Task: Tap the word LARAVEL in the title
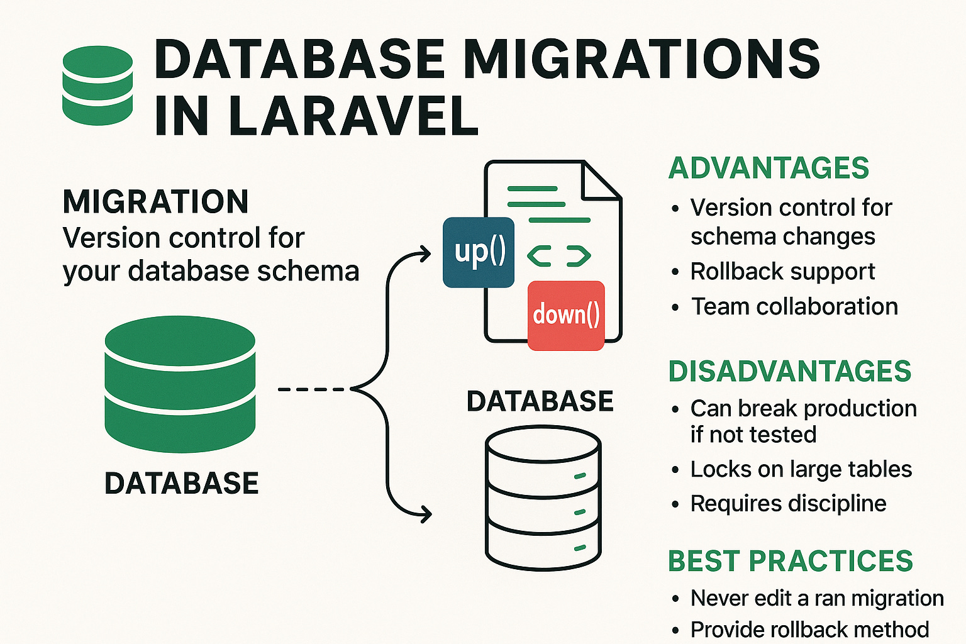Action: (353, 116)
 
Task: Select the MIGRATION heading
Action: (155, 202)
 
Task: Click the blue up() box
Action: (479, 252)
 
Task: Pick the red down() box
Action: (565, 315)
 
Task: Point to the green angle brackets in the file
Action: (558, 256)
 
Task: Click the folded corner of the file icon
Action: (601, 181)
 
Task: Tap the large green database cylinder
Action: (180, 384)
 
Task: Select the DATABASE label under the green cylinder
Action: (181, 483)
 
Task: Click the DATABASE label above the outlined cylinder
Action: (540, 401)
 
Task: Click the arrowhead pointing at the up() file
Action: (426, 255)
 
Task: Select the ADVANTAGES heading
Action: (769, 168)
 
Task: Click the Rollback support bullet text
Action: (782, 272)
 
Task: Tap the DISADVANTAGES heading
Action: (789, 371)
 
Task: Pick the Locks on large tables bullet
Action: (801, 469)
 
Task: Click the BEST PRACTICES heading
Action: (790, 561)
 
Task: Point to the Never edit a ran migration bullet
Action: (816, 598)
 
